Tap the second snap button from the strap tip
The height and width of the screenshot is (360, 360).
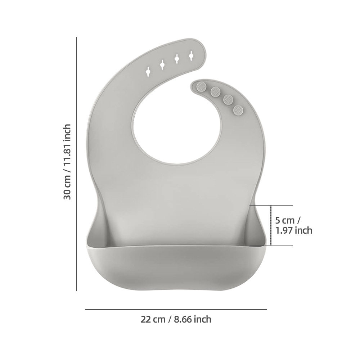click(216, 91)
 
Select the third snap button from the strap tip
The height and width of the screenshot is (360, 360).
click(228, 99)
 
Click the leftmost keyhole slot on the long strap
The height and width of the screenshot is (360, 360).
click(148, 71)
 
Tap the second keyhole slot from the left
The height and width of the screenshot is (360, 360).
click(163, 64)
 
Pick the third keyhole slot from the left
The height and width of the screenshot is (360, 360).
click(177, 59)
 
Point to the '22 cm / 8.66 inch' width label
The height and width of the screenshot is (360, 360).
click(176, 319)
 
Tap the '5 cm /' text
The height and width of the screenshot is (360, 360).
click(288, 220)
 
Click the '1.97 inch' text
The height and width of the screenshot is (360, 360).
click(293, 230)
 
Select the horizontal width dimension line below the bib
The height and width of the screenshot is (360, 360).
click(176, 309)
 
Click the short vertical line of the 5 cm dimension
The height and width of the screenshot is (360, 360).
click(271, 225)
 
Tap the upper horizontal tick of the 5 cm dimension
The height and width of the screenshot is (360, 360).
click(272, 205)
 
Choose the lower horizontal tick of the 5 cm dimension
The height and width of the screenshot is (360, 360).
click(272, 246)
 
